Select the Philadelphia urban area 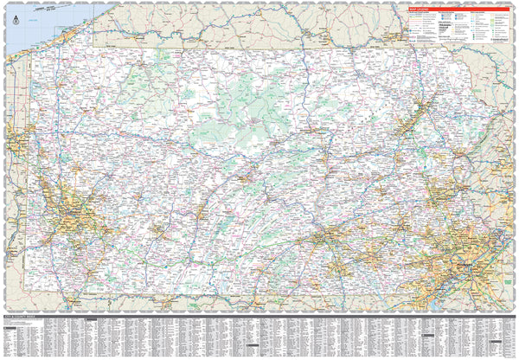coord(471,259)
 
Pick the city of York coord(337,264)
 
